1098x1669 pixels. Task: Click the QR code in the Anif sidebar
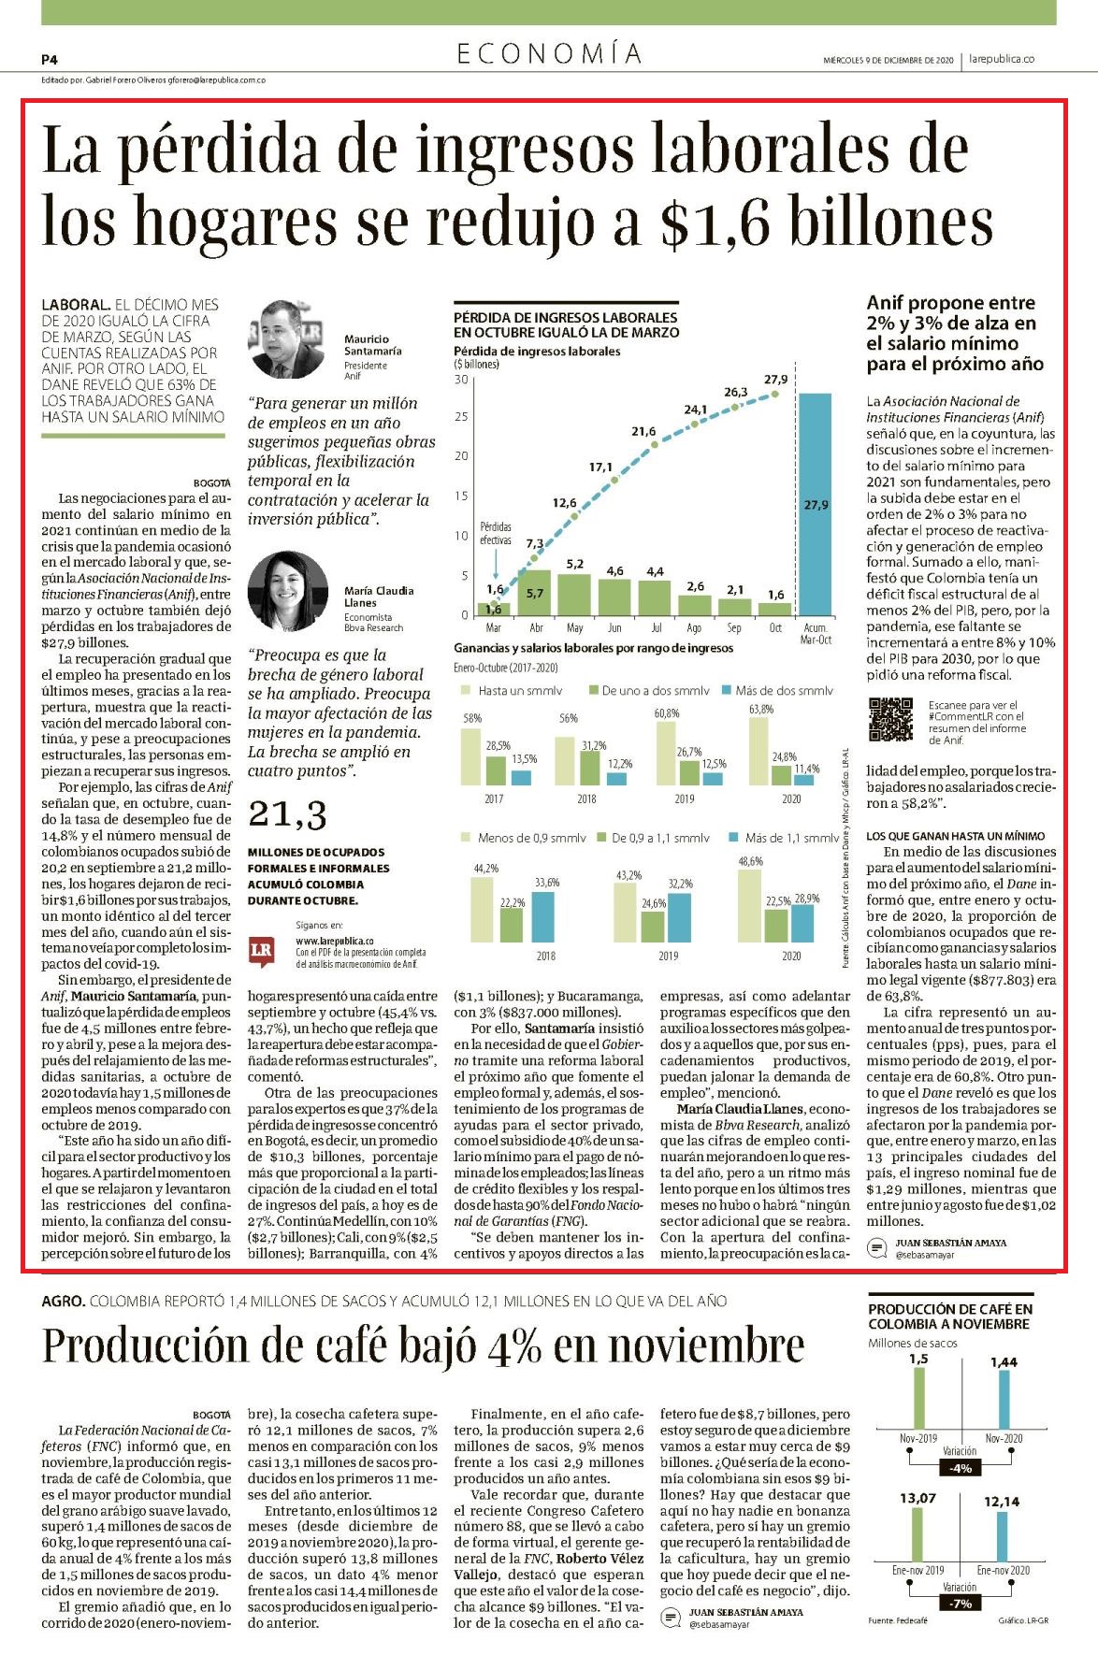(x=890, y=720)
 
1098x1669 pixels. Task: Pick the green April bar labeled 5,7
(x=537, y=593)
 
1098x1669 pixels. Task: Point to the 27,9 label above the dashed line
(x=775, y=380)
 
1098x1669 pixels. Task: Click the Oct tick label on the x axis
(x=775, y=627)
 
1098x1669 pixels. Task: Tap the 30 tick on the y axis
(x=461, y=380)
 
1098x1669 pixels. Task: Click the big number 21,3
(x=287, y=816)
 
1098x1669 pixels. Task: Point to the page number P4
(x=50, y=59)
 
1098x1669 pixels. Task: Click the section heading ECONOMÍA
(x=550, y=54)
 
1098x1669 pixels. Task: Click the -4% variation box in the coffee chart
(x=961, y=1468)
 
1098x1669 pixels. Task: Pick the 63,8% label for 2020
(x=761, y=709)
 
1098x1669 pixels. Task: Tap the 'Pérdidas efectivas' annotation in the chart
(x=496, y=534)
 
